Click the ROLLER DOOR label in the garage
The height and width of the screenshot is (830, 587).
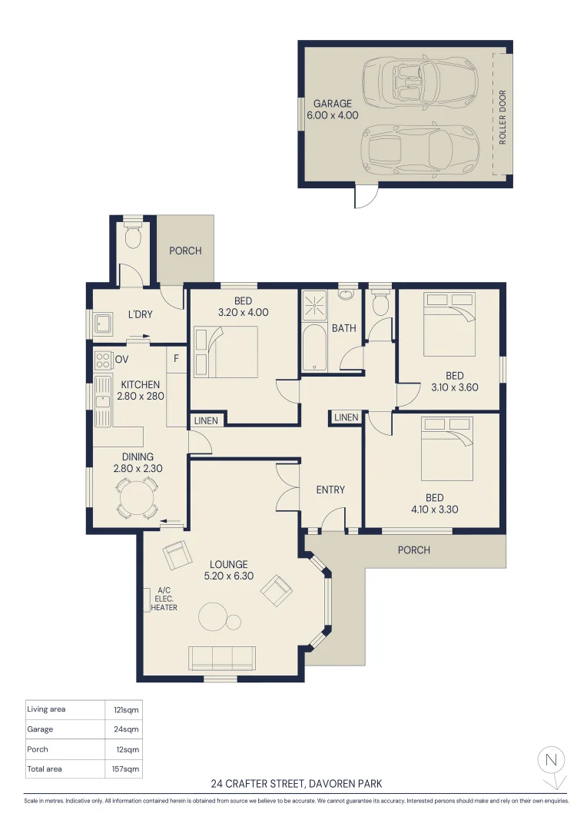tap(502, 117)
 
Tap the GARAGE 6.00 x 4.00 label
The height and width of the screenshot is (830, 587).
tap(333, 110)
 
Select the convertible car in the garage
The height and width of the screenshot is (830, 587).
tap(420, 82)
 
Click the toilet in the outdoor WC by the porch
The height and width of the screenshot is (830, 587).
tap(133, 236)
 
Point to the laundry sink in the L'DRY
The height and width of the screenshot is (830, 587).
tap(103, 324)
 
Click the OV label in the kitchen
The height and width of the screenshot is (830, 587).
tap(121, 360)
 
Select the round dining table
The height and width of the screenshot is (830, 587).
tap(137, 497)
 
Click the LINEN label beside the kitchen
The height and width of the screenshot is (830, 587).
tap(206, 420)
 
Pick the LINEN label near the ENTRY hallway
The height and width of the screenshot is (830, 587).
tap(347, 417)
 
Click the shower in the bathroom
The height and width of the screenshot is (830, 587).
tap(314, 305)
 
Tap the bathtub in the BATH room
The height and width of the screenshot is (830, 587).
tap(315, 347)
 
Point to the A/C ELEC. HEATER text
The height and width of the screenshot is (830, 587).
tap(164, 599)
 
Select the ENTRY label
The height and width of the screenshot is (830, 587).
tap(330, 490)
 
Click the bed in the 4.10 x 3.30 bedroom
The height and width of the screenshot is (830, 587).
tap(446, 449)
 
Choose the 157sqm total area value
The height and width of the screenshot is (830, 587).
tap(125, 769)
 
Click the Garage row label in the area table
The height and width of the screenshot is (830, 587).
tap(40, 729)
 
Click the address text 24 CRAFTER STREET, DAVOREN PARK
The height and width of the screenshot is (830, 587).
tap(297, 783)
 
